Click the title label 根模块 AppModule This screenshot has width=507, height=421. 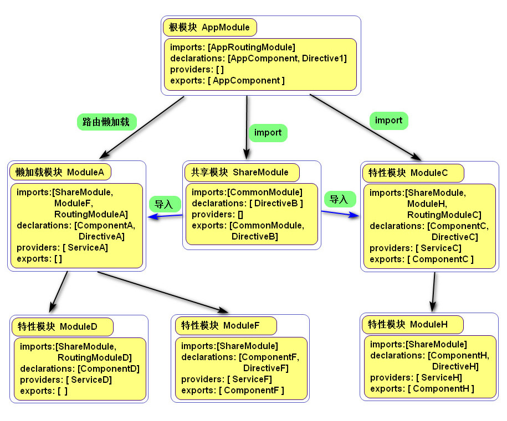210,27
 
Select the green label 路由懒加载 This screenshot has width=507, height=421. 106,122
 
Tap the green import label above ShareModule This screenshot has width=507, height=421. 268,133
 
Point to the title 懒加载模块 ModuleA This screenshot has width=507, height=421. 60,172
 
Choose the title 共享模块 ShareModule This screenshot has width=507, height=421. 241,172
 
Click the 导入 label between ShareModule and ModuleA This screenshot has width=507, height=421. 163,204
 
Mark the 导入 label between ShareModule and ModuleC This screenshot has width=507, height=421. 339,199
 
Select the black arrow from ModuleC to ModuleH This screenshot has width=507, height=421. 433,292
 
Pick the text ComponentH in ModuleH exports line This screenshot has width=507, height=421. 441,388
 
